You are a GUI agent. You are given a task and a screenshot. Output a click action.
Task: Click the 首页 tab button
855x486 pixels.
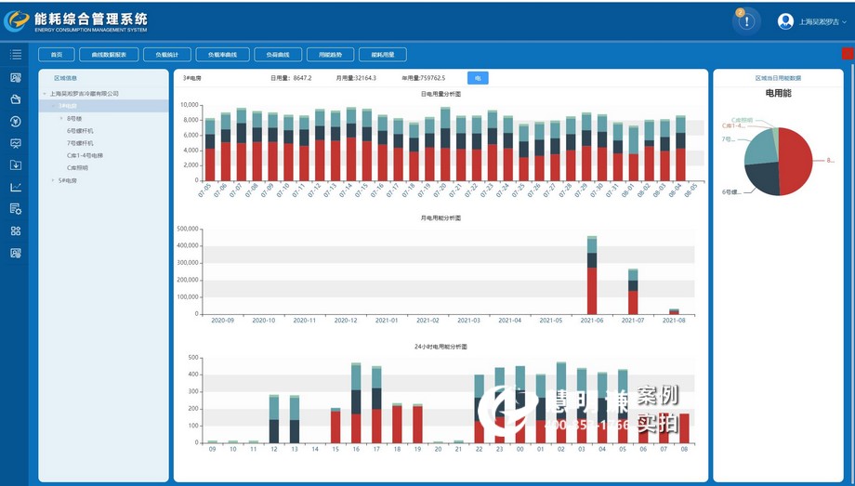click(x=56, y=55)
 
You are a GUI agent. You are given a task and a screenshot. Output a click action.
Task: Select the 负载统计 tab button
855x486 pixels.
click(x=166, y=55)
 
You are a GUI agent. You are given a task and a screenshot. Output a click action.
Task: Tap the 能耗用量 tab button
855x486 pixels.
click(x=376, y=55)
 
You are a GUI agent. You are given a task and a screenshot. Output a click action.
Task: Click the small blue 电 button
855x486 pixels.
click(x=478, y=78)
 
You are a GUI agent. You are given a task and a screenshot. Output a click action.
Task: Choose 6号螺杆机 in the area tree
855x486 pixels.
click(x=80, y=131)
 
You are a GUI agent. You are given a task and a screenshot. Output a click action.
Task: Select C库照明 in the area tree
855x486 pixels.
click(x=78, y=167)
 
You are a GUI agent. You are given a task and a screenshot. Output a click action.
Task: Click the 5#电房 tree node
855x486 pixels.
click(x=68, y=180)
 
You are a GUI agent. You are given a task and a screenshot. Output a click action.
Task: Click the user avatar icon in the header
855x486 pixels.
click(x=785, y=21)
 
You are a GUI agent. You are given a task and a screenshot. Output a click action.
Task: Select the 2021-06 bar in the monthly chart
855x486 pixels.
click(x=592, y=279)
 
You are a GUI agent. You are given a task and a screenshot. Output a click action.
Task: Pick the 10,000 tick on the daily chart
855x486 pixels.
click(x=189, y=105)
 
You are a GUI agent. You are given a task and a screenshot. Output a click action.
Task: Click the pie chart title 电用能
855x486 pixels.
click(x=778, y=93)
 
